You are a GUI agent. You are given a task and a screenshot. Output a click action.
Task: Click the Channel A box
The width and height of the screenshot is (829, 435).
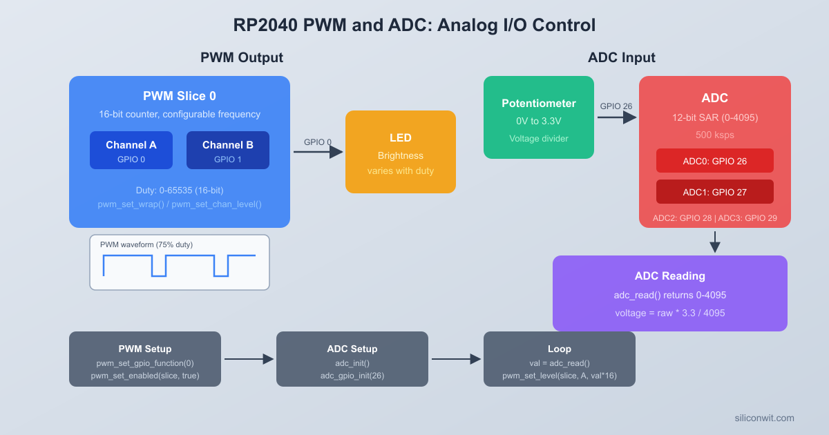click(131, 151)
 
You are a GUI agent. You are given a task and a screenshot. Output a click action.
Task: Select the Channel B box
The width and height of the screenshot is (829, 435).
click(228, 151)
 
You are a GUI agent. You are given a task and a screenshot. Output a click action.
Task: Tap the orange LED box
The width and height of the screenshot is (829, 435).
click(401, 152)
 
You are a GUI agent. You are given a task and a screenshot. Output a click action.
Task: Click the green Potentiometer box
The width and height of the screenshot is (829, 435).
click(539, 117)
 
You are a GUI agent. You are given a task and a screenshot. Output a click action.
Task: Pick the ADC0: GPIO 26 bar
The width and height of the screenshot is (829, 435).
click(715, 161)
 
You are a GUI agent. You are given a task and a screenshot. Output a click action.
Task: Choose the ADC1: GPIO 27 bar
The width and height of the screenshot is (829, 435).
click(715, 192)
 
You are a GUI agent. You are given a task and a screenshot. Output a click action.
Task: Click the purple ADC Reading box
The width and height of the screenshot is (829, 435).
click(670, 293)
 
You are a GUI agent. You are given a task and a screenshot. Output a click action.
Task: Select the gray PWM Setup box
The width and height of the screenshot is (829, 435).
click(145, 359)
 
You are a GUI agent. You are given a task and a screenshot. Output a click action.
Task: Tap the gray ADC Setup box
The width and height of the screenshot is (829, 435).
click(352, 359)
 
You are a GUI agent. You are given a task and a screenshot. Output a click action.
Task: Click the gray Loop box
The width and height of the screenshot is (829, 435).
click(560, 359)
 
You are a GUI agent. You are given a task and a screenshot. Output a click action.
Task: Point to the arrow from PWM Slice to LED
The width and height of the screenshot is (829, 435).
click(318, 152)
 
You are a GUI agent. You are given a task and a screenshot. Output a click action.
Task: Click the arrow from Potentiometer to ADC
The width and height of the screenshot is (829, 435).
click(616, 117)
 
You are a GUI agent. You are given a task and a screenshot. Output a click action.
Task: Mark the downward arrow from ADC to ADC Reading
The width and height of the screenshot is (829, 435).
click(715, 242)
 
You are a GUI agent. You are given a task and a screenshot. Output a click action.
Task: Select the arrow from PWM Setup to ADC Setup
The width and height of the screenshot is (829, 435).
click(249, 359)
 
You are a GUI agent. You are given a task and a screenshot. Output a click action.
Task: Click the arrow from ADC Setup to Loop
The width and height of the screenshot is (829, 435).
click(456, 359)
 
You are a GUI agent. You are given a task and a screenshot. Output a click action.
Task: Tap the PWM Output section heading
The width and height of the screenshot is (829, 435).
click(242, 57)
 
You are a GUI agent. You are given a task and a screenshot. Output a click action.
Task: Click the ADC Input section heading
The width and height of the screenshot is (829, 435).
click(622, 57)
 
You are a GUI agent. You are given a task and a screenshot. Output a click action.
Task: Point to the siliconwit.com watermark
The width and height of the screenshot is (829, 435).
click(765, 418)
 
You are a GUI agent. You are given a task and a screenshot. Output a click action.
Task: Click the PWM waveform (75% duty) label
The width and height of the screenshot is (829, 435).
click(146, 244)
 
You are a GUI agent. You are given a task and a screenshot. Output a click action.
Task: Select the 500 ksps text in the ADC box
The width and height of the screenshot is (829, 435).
click(715, 134)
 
